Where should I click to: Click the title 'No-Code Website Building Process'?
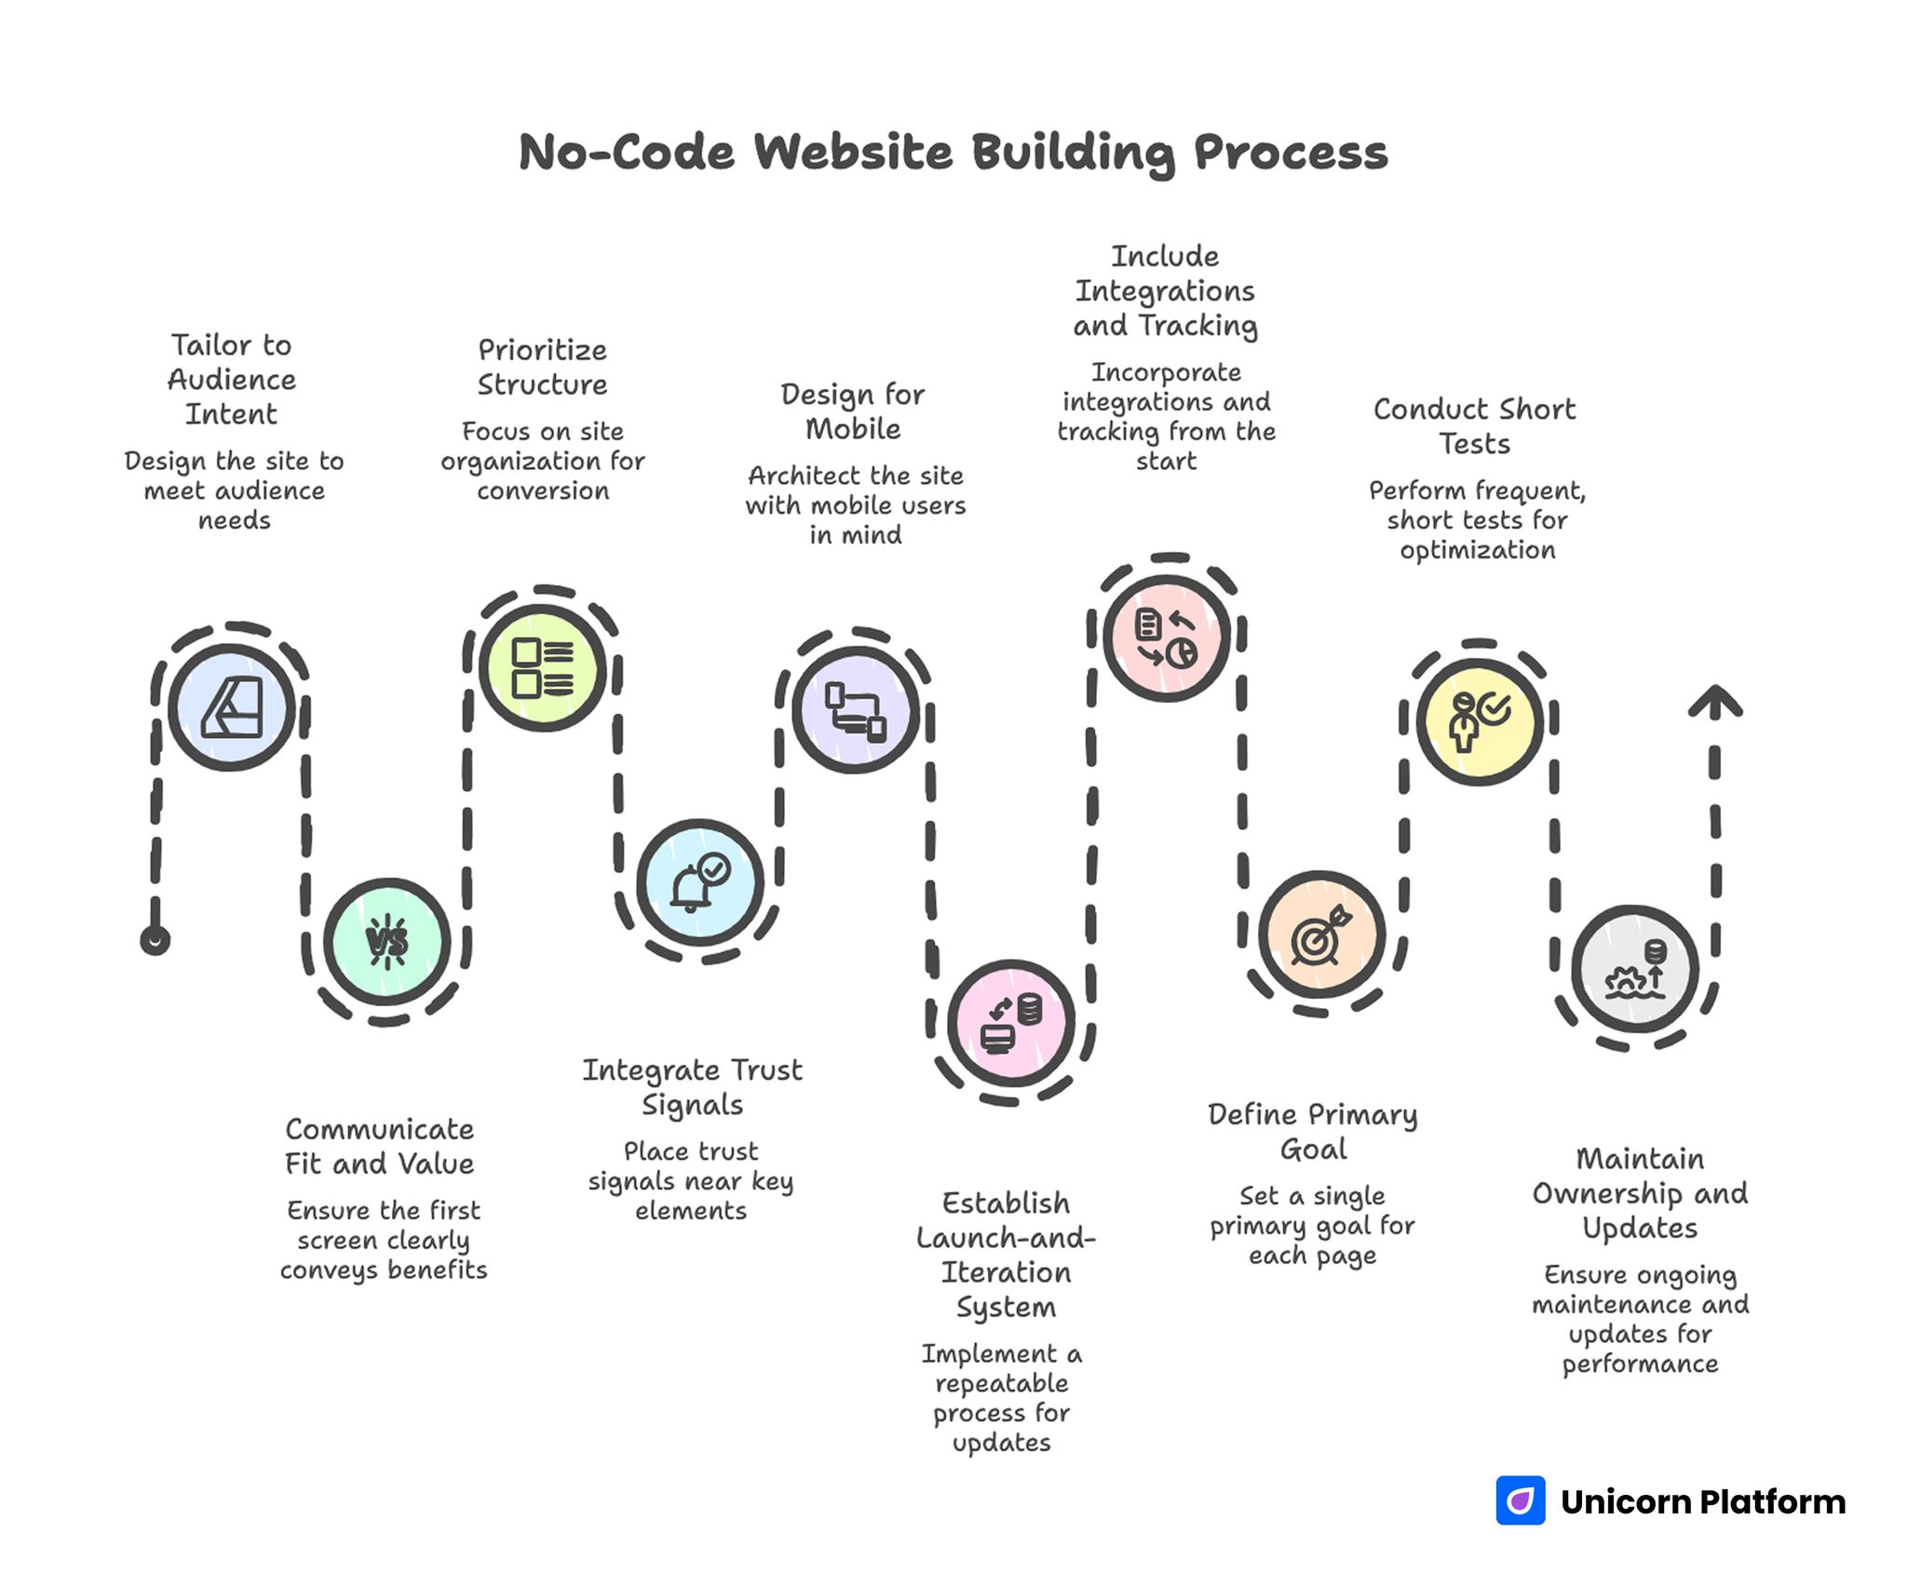point(953,152)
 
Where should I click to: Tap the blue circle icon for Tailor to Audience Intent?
point(232,707)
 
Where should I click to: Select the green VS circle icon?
point(387,942)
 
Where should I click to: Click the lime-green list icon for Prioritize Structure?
point(543,667)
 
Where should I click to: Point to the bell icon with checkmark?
point(700,882)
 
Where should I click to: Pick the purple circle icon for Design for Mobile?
point(856,710)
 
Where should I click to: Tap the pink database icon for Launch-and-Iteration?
point(1011,1022)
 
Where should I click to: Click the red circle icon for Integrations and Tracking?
point(1167,638)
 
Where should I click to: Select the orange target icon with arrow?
point(1322,934)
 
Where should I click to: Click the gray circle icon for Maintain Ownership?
point(1635,969)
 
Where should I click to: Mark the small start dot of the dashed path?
point(156,941)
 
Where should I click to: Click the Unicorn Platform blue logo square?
point(1520,1500)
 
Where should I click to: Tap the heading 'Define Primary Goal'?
point(1313,1132)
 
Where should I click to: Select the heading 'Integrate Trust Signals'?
point(692,1087)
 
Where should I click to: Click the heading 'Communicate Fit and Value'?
point(380,1146)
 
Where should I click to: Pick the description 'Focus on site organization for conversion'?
point(543,461)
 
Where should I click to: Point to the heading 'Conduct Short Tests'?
point(1475,426)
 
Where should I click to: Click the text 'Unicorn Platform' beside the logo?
point(1703,1501)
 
